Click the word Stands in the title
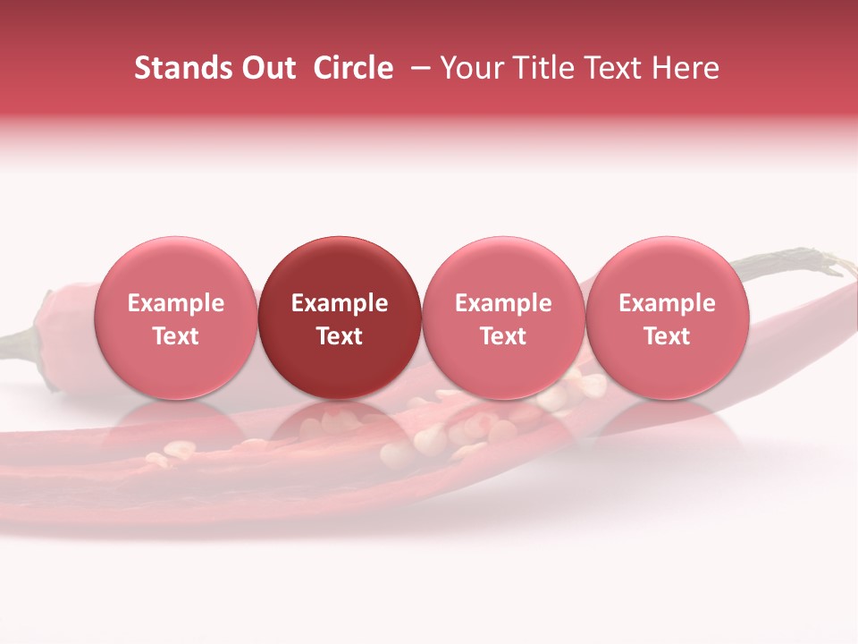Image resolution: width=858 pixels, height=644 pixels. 179,68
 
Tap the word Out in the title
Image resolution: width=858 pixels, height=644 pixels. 265,68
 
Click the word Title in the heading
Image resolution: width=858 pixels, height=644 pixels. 542,68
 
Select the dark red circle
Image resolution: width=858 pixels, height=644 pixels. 340,318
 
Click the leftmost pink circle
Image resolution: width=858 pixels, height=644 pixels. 175,318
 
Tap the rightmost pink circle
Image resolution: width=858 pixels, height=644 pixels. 667,318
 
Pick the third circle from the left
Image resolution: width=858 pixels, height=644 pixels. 503,318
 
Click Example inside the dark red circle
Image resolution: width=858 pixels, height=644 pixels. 340,303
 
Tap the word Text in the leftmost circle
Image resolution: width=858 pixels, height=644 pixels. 175,336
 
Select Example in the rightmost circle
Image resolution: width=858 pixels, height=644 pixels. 667,303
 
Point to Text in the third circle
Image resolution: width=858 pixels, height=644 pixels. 503,336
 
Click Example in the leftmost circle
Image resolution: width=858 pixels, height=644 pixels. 175,303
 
